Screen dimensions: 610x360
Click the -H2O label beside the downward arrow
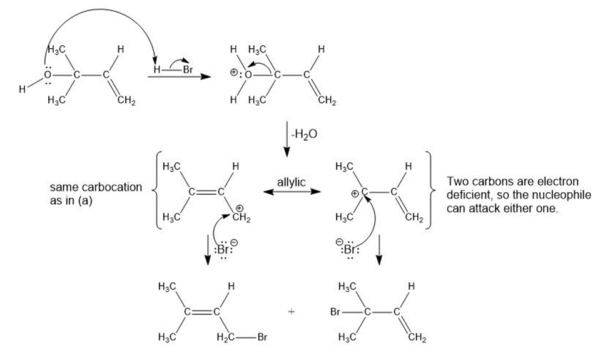(305, 134)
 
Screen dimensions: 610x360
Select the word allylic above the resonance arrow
(292, 182)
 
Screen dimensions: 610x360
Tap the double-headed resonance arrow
(292, 192)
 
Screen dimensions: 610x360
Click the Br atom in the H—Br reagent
(188, 69)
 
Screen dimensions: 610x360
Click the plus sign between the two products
(292, 311)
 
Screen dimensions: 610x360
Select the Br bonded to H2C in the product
(262, 337)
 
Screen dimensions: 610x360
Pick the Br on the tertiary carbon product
(335, 312)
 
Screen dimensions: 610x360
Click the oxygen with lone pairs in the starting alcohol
(48, 75)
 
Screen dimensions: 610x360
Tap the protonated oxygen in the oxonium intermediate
(248, 75)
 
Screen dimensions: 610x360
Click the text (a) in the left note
(86, 201)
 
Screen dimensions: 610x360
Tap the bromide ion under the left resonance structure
(225, 249)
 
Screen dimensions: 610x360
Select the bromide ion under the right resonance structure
(348, 249)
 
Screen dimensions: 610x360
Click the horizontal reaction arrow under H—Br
(180, 76)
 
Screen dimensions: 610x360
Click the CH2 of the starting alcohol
(126, 101)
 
